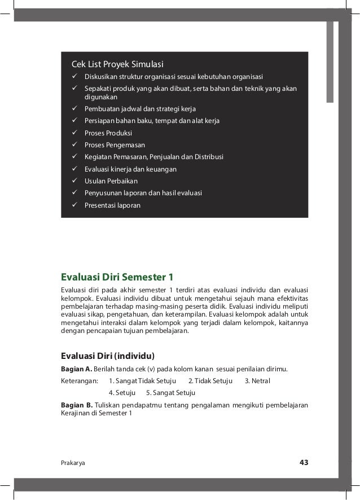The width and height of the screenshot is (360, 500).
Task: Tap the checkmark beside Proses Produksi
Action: pyautogui.click(x=74, y=133)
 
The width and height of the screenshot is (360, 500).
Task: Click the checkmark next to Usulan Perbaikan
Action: pyautogui.click(x=74, y=181)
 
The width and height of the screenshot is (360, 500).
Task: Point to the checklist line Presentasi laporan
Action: pyautogui.click(x=112, y=205)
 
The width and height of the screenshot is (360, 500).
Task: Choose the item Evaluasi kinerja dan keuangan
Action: pyautogui.click(x=130, y=169)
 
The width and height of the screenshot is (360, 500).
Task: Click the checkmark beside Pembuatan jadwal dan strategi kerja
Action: pyautogui.click(x=74, y=108)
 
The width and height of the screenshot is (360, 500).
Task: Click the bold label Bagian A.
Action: pyautogui.click(x=76, y=370)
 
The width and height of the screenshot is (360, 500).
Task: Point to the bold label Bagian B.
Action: pyautogui.click(x=76, y=405)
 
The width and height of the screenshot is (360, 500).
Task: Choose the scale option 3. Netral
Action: pyautogui.click(x=257, y=381)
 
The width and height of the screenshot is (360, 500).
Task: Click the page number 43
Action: pyautogui.click(x=304, y=463)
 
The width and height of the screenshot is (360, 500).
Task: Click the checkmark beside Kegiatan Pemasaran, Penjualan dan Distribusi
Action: pyautogui.click(x=74, y=157)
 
